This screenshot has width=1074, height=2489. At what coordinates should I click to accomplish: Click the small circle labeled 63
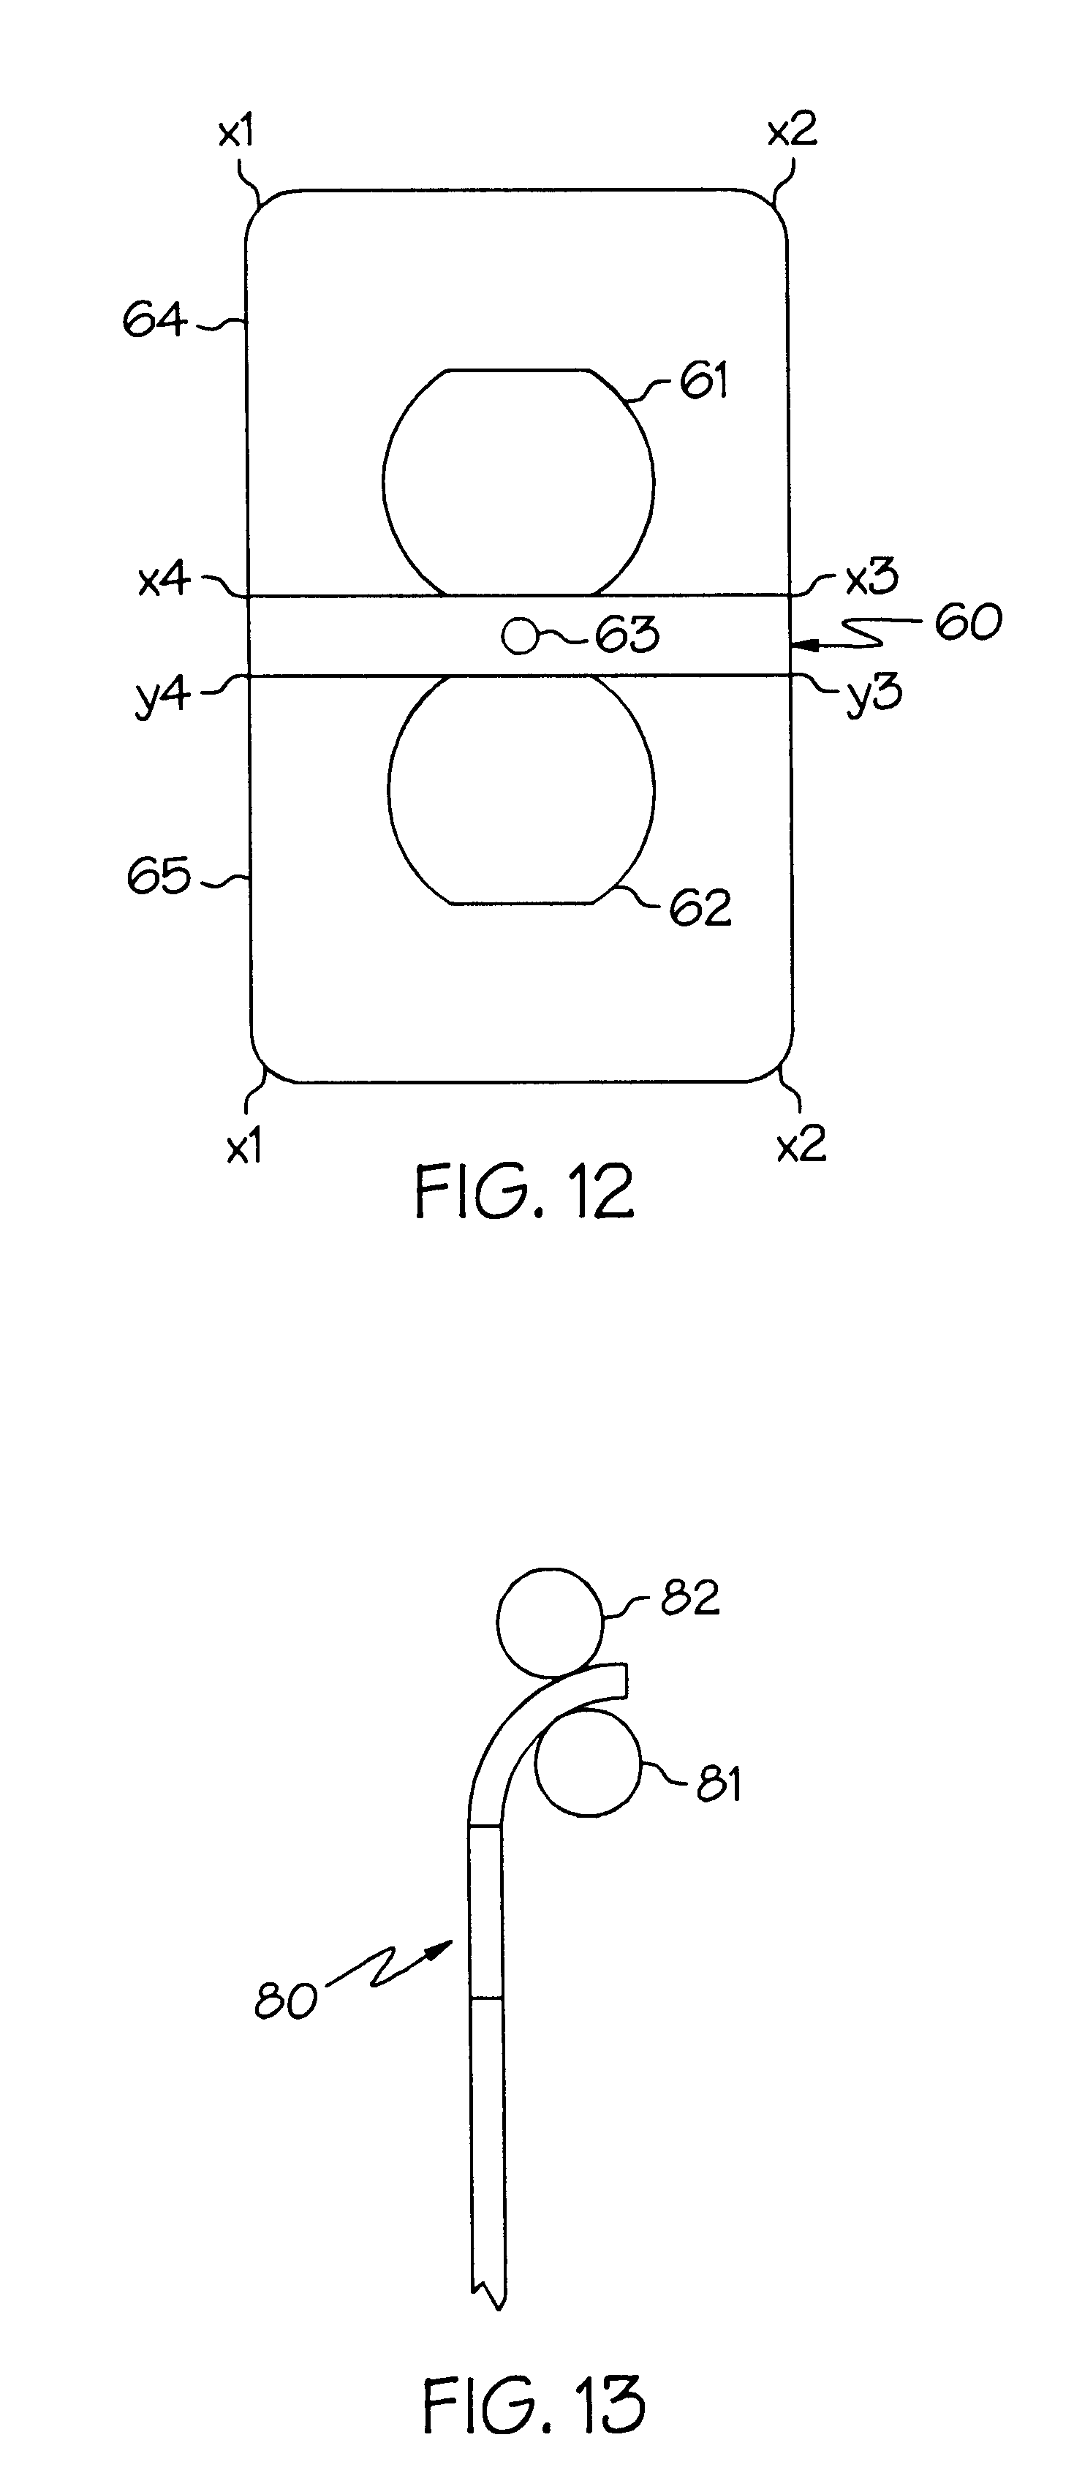click(x=518, y=636)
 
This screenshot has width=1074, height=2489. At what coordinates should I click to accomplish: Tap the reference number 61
click(x=705, y=381)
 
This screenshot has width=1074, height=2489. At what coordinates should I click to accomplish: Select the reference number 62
click(x=700, y=908)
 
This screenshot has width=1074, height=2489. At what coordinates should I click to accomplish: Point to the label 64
click(x=154, y=320)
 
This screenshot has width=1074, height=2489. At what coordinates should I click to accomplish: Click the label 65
click(x=159, y=877)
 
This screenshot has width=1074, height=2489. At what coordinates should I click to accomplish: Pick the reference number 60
click(x=967, y=622)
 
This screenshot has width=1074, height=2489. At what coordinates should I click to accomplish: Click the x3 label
click(x=872, y=578)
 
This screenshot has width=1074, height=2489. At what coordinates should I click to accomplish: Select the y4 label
click(x=162, y=695)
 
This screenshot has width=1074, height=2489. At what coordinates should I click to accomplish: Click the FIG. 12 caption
click(x=524, y=1190)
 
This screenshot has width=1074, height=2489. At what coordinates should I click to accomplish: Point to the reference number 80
click(x=286, y=2001)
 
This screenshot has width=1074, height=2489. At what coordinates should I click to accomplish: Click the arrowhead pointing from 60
click(x=801, y=641)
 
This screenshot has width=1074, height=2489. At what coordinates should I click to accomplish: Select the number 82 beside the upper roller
click(x=691, y=1598)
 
